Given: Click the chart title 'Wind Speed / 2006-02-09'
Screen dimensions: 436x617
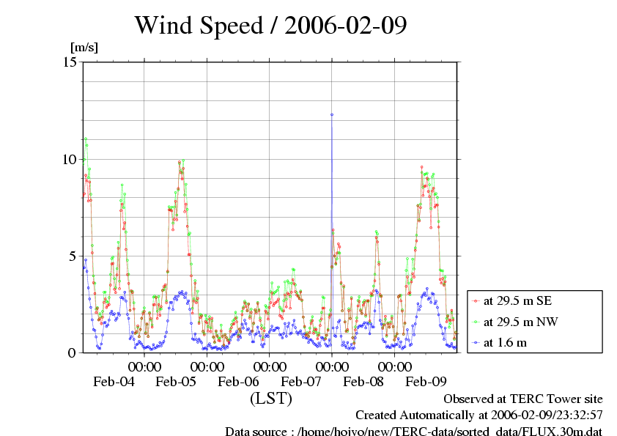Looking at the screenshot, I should point(270,26).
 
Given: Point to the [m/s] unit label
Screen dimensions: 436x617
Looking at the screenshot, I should point(84,48).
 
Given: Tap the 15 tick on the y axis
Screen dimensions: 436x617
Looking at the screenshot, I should point(71,62).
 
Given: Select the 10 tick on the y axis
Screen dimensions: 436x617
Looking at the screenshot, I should point(71,159).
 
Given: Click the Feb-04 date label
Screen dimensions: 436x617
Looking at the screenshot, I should point(114,381).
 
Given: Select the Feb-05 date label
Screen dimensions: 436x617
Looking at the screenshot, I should point(176,381).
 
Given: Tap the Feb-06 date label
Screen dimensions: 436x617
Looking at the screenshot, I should point(239,381).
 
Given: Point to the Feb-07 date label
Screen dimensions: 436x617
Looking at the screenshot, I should point(301,381).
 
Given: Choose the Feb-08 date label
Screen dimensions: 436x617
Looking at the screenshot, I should point(363,381).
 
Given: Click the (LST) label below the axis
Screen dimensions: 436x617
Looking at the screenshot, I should point(271,399).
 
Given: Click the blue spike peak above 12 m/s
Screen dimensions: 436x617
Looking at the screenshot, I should point(332,114).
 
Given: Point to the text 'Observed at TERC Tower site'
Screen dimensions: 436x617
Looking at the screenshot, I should point(523,399).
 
